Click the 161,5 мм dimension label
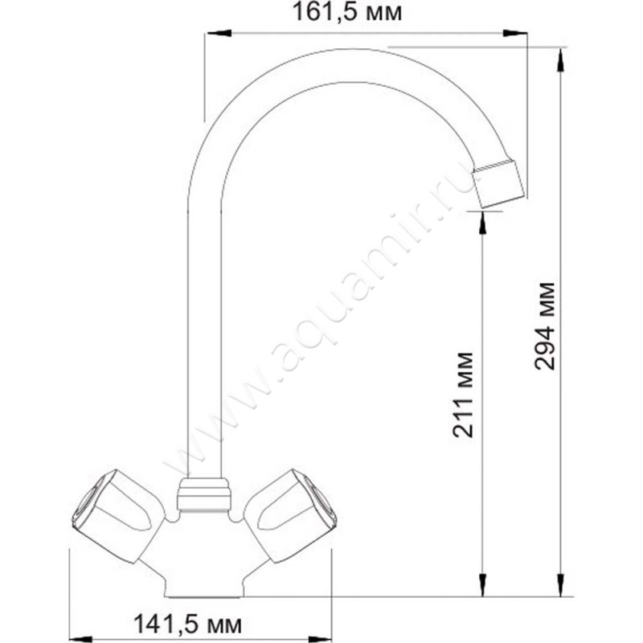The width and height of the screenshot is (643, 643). (347, 13)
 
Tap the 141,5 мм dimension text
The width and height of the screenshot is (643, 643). (188, 625)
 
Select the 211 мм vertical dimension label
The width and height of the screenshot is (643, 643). (464, 395)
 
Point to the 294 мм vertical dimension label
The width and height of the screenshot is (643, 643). (545, 326)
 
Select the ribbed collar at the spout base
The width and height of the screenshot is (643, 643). (204, 495)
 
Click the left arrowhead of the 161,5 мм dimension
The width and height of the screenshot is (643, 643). (219, 33)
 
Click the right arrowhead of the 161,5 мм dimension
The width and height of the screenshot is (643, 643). (515, 33)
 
